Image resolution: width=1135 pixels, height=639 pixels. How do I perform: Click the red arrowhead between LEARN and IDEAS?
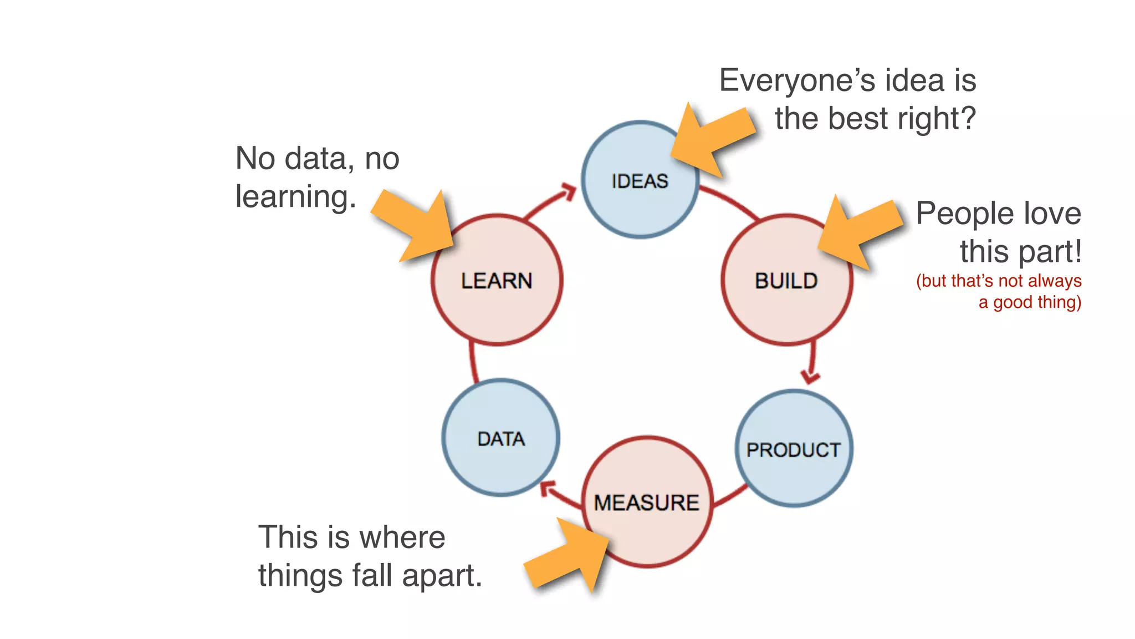[568, 192]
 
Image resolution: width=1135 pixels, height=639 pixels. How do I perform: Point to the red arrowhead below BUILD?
[811, 377]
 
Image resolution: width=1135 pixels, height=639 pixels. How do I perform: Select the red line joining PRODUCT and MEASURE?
[730, 495]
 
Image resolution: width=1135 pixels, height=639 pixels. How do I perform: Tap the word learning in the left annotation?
[295, 196]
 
